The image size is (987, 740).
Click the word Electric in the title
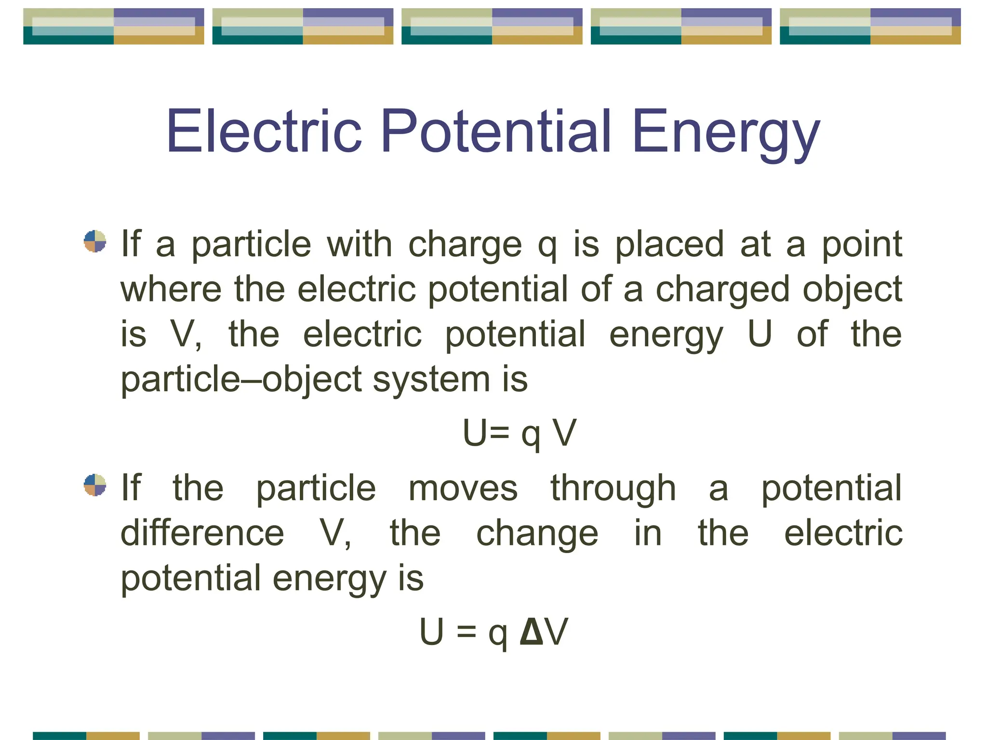click(x=264, y=131)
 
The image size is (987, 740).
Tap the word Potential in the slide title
click(x=496, y=131)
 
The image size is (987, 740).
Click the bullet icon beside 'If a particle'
click(x=95, y=241)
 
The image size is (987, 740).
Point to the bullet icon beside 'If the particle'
click(x=95, y=485)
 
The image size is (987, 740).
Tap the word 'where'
click(x=171, y=290)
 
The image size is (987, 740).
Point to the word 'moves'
click(x=463, y=489)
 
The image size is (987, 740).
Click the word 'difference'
click(x=202, y=533)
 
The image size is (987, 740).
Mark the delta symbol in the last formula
click(x=532, y=632)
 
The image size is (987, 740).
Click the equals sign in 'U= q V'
click(x=501, y=432)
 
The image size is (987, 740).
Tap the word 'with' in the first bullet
click(x=360, y=244)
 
